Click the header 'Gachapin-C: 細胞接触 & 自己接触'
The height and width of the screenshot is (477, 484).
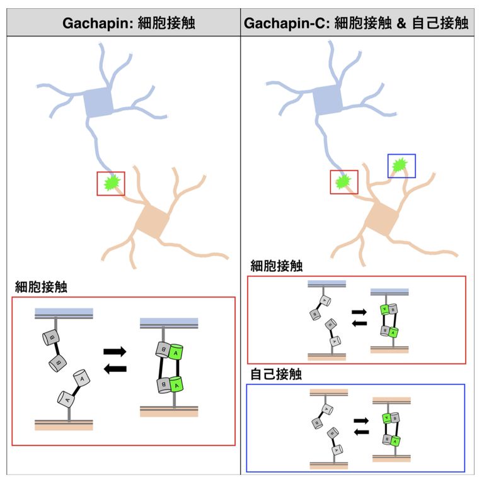tap(356, 24)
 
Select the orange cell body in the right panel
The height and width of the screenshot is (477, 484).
tap(382, 218)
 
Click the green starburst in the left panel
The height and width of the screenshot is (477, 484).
tap(112, 183)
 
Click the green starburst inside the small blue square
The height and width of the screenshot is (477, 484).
tap(399, 166)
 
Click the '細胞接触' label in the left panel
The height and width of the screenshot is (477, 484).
tap(41, 287)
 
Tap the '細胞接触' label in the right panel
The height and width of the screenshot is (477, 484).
tap(276, 266)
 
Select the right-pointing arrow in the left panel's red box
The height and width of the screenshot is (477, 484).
tap(115, 351)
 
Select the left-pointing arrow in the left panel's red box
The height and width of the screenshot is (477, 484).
tap(115, 369)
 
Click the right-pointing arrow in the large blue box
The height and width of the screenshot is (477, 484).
tap(360, 420)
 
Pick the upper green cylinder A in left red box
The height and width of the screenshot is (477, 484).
tap(174, 352)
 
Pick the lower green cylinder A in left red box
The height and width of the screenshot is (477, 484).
tap(176, 383)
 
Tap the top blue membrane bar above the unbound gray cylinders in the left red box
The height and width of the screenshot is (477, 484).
tap(64, 313)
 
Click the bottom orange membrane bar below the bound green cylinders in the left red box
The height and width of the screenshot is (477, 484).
tap(169, 412)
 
